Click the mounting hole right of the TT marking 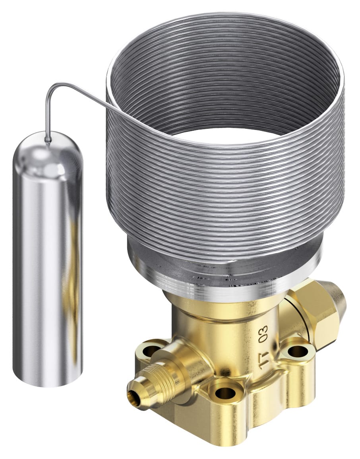pyautogui.click(x=296, y=351)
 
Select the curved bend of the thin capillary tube pyautogui.click(x=52, y=90)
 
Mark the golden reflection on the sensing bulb pyautogui.click(x=74, y=278)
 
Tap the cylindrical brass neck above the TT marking pyautogui.click(x=223, y=314)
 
